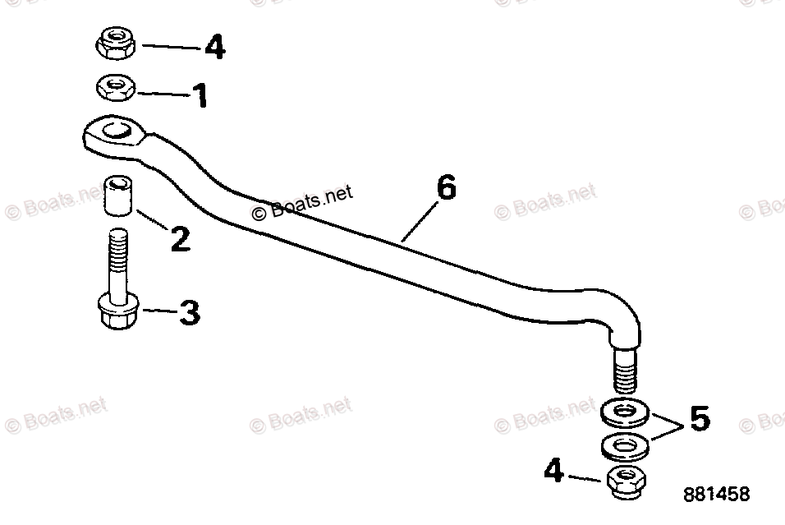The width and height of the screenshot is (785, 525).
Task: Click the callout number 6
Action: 445,188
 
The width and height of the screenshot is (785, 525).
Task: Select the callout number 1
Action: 200,96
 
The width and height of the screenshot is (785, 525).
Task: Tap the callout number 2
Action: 179,240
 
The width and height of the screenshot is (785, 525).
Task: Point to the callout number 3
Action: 190,313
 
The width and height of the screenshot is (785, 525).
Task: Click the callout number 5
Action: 699,419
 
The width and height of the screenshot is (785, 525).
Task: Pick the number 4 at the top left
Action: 214,47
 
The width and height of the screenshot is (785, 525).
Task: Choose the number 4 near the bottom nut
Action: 555,472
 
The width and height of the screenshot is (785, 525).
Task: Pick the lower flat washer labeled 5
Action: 627,446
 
